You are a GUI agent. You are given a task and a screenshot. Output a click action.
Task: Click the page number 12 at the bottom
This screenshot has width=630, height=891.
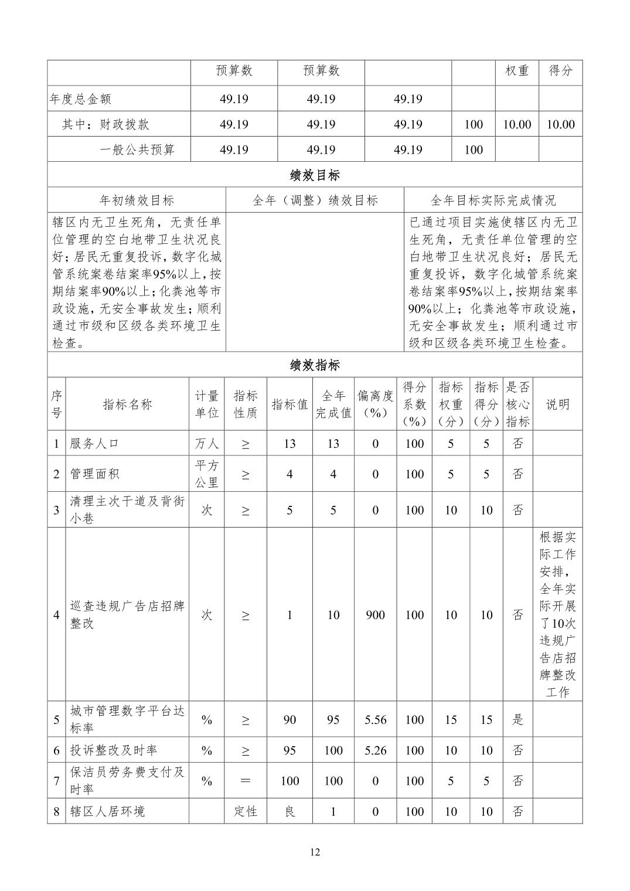[315, 852]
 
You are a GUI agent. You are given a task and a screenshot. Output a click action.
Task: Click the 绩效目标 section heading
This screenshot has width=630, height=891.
[315, 175]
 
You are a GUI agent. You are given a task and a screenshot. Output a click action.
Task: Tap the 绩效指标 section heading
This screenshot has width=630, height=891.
[315, 365]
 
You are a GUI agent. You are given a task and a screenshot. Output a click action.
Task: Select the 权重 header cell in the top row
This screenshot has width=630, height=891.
[517, 71]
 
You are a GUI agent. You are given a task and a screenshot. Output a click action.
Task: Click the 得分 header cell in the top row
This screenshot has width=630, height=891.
[560, 71]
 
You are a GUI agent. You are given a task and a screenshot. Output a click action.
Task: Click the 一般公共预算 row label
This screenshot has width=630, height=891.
[137, 149]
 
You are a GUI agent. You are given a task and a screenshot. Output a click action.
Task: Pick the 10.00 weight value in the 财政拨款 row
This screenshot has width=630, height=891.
[517, 124]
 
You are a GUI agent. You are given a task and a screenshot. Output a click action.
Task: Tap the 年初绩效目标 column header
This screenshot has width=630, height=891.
[137, 200]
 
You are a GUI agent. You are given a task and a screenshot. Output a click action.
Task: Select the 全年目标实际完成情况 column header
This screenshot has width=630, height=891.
[493, 200]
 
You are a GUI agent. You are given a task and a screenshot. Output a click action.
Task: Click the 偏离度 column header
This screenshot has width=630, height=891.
[376, 404]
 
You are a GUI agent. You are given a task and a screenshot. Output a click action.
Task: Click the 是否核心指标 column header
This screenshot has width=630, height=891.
[517, 404]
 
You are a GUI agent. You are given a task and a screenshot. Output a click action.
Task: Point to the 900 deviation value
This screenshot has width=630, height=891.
[376, 615]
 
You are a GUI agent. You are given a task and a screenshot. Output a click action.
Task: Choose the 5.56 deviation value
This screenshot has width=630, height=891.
[376, 720]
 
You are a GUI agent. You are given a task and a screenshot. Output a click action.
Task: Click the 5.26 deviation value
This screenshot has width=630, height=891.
[376, 750]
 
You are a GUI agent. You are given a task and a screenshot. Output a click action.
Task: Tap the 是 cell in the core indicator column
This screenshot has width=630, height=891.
[517, 720]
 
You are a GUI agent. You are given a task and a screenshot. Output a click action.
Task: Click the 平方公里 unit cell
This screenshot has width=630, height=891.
[206, 474]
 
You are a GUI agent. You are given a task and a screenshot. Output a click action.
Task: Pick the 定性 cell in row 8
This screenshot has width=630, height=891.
[245, 811]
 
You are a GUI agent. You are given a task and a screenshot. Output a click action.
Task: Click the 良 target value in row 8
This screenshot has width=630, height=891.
[290, 811]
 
